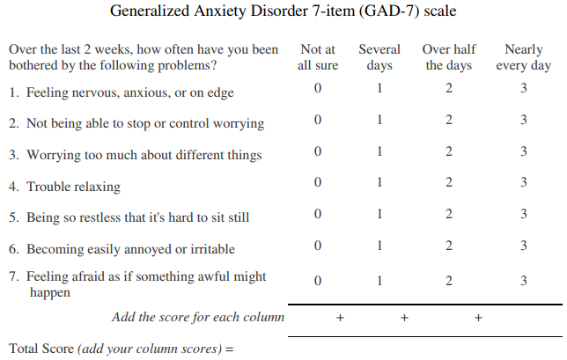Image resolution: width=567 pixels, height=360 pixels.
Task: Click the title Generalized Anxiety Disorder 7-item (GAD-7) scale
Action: pyautogui.click(x=283, y=12)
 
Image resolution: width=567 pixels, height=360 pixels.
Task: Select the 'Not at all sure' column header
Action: pyautogui.click(x=318, y=57)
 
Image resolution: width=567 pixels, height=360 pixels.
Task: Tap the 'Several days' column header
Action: pyautogui.click(x=379, y=57)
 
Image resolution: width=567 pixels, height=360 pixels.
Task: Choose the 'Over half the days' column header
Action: pyautogui.click(x=449, y=57)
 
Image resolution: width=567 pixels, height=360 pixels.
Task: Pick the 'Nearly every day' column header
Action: pyautogui.click(x=523, y=57)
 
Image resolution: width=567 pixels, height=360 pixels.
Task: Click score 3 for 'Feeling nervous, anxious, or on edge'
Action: pyautogui.click(x=523, y=88)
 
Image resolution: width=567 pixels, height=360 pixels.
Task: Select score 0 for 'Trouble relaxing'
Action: pyautogui.click(x=318, y=182)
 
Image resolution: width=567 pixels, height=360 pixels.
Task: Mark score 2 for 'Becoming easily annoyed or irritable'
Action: pyautogui.click(x=449, y=246)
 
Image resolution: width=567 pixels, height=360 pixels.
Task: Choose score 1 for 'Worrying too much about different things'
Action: pyautogui.click(x=379, y=151)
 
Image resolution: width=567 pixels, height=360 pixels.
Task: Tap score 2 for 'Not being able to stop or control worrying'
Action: pyautogui.click(x=449, y=120)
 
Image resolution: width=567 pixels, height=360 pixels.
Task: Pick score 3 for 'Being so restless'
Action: pyautogui.click(x=523, y=214)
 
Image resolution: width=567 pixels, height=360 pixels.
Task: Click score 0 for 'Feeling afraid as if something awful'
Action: pyautogui.click(x=318, y=281)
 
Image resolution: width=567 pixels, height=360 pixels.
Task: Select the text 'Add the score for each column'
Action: pyautogui.click(x=197, y=317)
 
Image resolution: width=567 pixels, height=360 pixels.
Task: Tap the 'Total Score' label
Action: pyautogui.click(x=41, y=348)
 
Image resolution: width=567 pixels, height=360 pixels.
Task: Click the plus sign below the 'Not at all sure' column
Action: pyautogui.click(x=340, y=318)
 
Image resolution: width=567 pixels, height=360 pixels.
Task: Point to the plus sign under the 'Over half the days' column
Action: pyautogui.click(x=478, y=318)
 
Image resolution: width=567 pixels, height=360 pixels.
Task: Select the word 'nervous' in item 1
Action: pyautogui.click(x=94, y=92)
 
